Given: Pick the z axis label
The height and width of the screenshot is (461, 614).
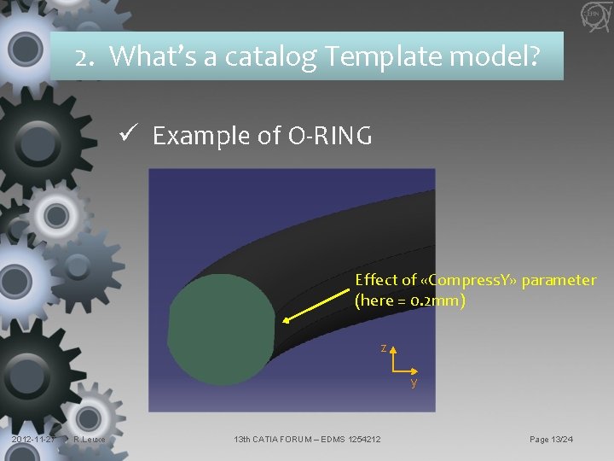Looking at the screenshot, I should coord(384,347).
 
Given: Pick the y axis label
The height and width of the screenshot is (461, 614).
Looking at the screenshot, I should coord(414,382).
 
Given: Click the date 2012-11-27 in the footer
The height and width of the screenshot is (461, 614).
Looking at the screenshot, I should coord(32,440).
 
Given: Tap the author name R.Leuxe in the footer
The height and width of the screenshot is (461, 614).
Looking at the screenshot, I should coord(89,440).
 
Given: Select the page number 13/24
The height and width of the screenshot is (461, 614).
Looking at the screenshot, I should coord(563,440).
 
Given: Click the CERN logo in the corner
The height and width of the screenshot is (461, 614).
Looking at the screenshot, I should coord(591,15).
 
